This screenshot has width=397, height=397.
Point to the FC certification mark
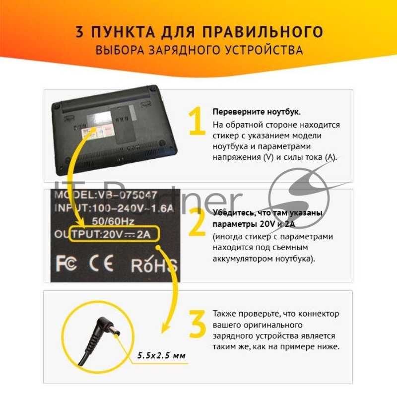[x=66, y=264]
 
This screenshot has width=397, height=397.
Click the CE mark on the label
[x=101, y=264]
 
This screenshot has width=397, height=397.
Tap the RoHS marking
[x=153, y=265]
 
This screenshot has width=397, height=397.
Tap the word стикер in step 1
[x=226, y=136]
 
